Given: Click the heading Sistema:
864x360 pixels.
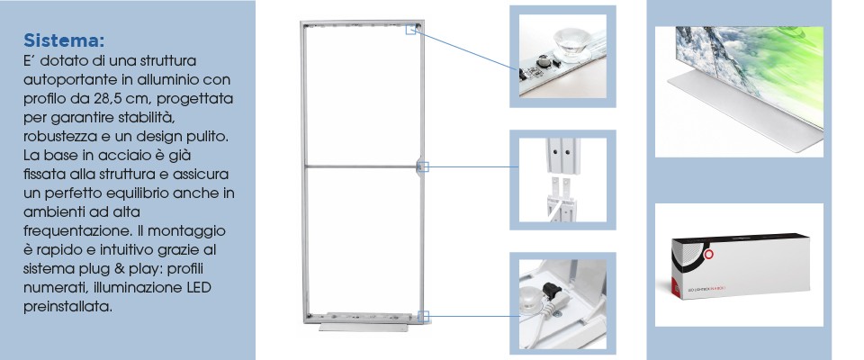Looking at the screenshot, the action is pyautogui.click(x=64, y=40).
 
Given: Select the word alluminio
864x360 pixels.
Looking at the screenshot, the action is pyautogui.click(x=167, y=79).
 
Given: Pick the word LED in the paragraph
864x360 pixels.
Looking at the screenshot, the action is pyautogui.click(x=198, y=288).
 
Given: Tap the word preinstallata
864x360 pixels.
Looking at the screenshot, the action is pyautogui.click(x=67, y=307).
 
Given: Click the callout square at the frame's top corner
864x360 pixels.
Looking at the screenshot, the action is pyautogui.click(x=410, y=29).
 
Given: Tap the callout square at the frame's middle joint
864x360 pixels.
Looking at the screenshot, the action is pyautogui.click(x=423, y=166).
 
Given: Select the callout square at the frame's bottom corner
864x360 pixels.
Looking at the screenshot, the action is pyautogui.click(x=423, y=317).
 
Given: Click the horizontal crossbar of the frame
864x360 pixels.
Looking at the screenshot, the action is pyautogui.click(x=362, y=166).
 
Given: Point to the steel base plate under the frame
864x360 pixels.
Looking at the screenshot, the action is pyautogui.click(x=363, y=327).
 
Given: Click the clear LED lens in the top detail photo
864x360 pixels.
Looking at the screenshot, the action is pyautogui.click(x=571, y=41).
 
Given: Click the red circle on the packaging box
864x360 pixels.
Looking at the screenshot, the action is pyautogui.click(x=708, y=254).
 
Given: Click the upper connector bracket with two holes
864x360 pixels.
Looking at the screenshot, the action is pyautogui.click(x=562, y=156).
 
